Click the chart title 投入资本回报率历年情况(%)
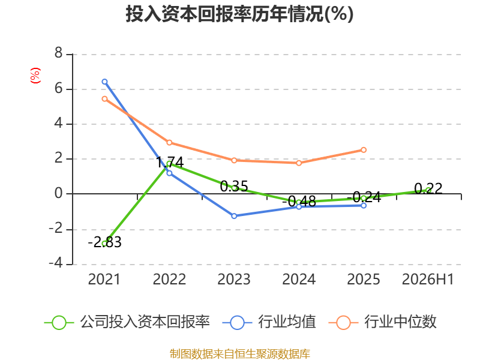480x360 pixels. pos(239,14)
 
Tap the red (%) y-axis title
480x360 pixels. pos(35,76)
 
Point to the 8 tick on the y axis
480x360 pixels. pos(58,53)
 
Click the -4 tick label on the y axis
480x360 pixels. pos(56,263)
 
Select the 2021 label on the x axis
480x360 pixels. pos(104,279)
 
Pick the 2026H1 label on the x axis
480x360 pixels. pos(428,279)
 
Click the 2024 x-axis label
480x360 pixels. pos(299,279)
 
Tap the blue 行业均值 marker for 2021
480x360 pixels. pos(104,82)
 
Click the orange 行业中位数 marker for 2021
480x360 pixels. pos(104,99)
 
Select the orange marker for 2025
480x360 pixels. pos(364,150)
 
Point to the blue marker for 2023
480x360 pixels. pos(234,216)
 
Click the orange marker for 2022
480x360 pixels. pos(169,143)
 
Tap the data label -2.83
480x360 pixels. pos(104,242)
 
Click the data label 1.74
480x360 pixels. pos(170,162)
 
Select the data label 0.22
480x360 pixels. pos(428,188)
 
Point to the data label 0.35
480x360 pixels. pos(234,186)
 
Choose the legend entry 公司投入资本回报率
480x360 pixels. pos(127,322)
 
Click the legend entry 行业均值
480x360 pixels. pos(269,322)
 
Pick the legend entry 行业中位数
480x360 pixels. pos(383,322)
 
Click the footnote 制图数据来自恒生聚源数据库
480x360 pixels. pos(239,354)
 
